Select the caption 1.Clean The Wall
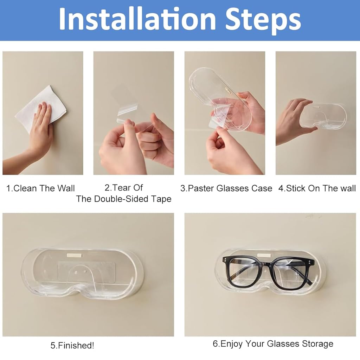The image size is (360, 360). [40, 188]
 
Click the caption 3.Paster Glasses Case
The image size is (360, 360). [226, 188]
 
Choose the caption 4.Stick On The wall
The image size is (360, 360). [317, 188]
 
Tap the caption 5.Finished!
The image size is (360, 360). [72, 345]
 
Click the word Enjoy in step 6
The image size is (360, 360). [232, 343]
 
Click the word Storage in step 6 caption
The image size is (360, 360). [316, 343]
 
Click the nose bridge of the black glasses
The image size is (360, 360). [270, 263]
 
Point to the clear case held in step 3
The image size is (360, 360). [218, 95]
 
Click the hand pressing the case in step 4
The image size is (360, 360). [294, 120]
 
